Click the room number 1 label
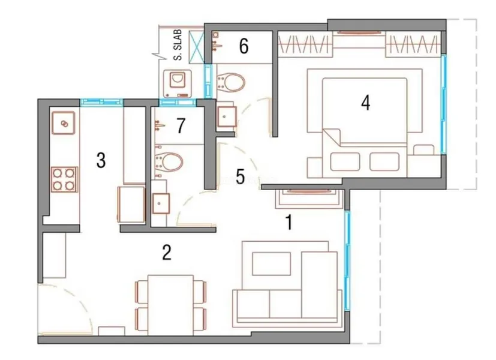click(x=289, y=222)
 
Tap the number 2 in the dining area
click(x=167, y=252)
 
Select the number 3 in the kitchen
click(x=101, y=160)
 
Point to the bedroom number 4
click(x=366, y=103)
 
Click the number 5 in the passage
click(x=241, y=176)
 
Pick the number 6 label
click(x=244, y=46)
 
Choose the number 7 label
click(x=181, y=125)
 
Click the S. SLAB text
click(x=178, y=45)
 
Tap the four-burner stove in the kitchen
click(x=64, y=179)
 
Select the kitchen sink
click(x=64, y=123)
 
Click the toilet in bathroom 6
click(x=230, y=82)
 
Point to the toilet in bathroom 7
click(x=169, y=161)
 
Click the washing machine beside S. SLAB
click(x=178, y=83)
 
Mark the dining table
click(x=171, y=305)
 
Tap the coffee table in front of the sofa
click(x=272, y=264)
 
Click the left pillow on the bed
click(x=345, y=161)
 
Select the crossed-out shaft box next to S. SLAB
click(x=196, y=46)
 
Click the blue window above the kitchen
click(x=101, y=102)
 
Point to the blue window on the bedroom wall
click(x=443, y=104)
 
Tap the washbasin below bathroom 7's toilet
click(x=161, y=204)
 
